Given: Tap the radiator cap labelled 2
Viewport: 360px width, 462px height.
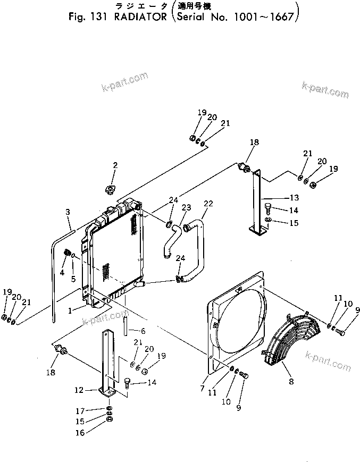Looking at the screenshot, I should point(112,190).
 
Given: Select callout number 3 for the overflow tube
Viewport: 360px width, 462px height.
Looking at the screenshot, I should point(68,212).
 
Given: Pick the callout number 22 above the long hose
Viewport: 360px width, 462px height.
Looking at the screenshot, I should point(208,204).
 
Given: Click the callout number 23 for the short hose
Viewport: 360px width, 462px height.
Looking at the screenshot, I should point(186,208).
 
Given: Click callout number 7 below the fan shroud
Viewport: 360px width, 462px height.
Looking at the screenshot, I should point(202,389).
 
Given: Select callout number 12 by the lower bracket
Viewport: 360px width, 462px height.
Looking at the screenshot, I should point(78,390).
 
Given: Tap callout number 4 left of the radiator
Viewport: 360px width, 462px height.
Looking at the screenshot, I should point(62,272).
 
